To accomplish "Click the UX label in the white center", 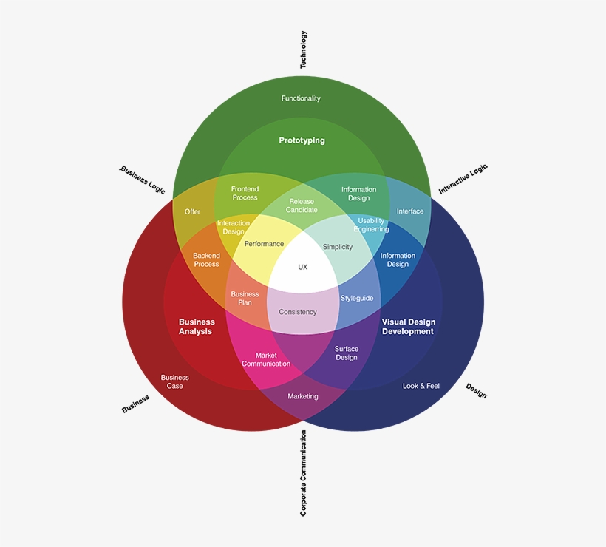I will tap(302, 267).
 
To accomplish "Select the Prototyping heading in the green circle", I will tap(302, 140).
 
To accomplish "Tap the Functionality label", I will tap(301, 98).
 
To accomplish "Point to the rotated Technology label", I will tap(303, 50).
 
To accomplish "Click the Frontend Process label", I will tap(245, 193).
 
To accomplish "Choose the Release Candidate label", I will tap(302, 205).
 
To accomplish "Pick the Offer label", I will tap(192, 211).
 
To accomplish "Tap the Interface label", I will tap(410, 211).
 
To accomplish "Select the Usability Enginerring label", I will tap(371, 225).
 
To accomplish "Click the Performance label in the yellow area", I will tap(264, 244).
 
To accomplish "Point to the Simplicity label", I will tap(338, 247).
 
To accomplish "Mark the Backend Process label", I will tap(206, 259).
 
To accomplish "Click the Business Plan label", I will tap(245, 298).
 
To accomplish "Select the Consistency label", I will tap(298, 312).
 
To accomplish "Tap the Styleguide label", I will tap(357, 299).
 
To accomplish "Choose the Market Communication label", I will tap(266, 359).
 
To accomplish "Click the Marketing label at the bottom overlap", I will tap(303, 396).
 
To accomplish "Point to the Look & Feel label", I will tap(421, 386).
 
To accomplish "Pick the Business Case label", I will tap(175, 381).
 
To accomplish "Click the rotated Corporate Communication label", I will tap(303, 473).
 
